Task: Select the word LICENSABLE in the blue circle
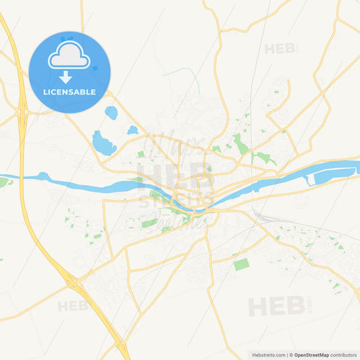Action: point(69,92)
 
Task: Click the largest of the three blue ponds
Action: point(103,143)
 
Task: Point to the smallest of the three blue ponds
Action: point(132,130)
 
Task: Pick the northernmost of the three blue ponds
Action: point(111,113)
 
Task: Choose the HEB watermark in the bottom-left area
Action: point(73,306)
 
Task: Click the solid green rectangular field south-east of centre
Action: point(241,264)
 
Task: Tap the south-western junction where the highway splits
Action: point(73,278)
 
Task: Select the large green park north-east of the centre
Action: point(240,144)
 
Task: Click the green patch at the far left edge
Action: point(3,182)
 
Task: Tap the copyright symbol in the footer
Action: point(291,354)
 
